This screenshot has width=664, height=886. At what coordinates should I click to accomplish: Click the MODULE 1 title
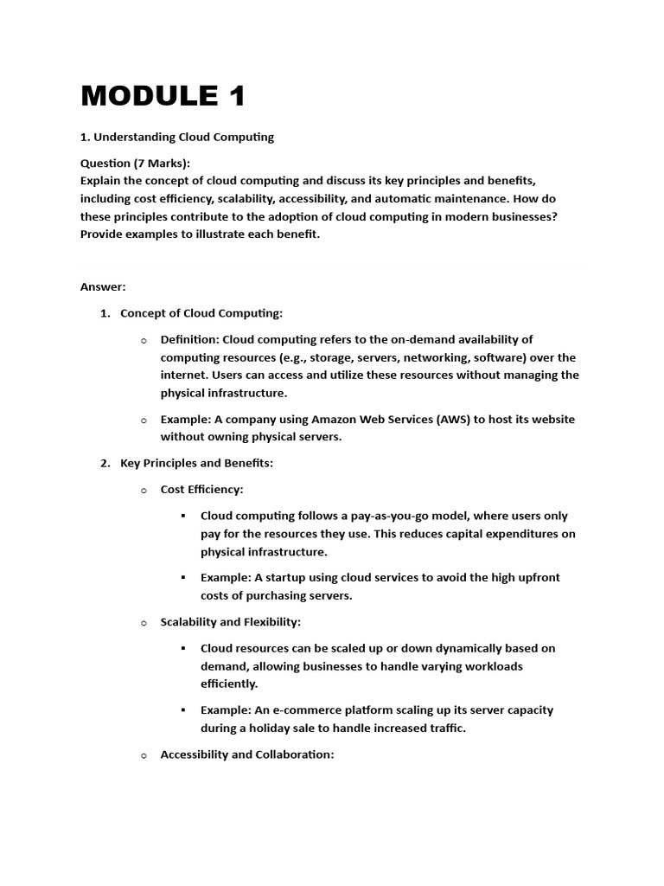point(163,96)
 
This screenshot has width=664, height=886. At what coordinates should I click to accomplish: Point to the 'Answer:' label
point(103,286)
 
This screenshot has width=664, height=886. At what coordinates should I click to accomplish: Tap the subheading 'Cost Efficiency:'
point(201,490)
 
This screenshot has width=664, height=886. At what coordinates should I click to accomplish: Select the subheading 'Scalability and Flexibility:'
point(230,622)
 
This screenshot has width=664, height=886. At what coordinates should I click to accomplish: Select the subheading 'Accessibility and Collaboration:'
point(246,754)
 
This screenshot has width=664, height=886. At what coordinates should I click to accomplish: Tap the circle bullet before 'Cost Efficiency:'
point(144,491)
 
